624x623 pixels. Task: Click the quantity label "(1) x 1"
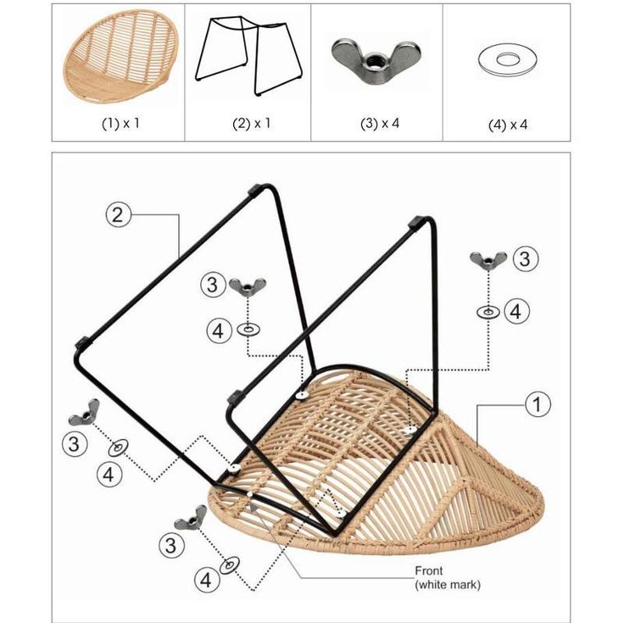[121, 124]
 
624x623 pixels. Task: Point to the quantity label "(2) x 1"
[251, 124]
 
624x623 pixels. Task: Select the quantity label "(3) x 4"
[379, 124]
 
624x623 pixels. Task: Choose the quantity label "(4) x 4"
[507, 125]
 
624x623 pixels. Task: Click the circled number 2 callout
[117, 215]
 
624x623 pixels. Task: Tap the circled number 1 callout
[537, 405]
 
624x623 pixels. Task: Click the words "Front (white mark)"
[447, 578]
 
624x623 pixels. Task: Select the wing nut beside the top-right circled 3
[488, 261]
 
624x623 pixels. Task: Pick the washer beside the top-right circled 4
[488, 312]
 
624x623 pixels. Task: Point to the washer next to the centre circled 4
[248, 329]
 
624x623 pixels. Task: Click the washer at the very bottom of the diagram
[230, 565]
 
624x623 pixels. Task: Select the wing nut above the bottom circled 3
[191, 518]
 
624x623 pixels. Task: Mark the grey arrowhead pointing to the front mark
[253, 506]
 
